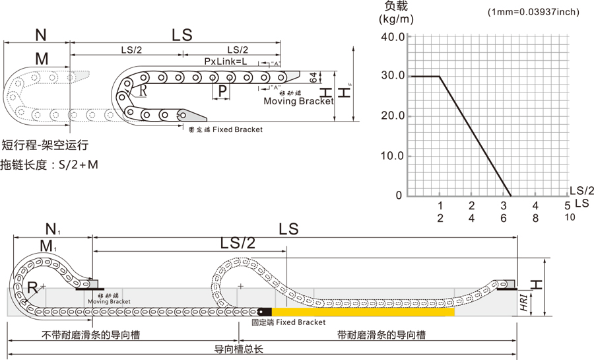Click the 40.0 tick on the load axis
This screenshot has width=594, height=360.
click(x=392, y=36)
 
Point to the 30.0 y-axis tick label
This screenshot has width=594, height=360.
click(x=392, y=76)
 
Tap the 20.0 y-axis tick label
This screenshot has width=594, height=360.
click(x=392, y=116)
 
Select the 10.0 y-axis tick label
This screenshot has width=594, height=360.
click(x=392, y=156)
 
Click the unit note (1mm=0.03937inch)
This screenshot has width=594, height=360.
click(x=533, y=12)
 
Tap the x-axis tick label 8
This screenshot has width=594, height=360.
click(x=536, y=217)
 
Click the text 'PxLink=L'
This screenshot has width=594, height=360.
click(x=226, y=61)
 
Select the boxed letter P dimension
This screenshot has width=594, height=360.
click(x=222, y=90)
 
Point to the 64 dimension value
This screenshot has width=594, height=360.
click(x=313, y=80)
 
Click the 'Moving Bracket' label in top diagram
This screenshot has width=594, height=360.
click(x=299, y=101)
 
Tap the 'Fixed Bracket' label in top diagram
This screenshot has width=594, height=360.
click(x=234, y=129)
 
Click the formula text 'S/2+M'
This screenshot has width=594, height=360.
click(x=78, y=164)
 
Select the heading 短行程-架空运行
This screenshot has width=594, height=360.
click(x=45, y=145)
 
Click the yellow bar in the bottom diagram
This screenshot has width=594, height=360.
click(x=363, y=311)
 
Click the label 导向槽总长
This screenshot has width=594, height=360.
click(x=240, y=349)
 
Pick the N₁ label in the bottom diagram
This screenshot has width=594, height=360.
click(x=53, y=230)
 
